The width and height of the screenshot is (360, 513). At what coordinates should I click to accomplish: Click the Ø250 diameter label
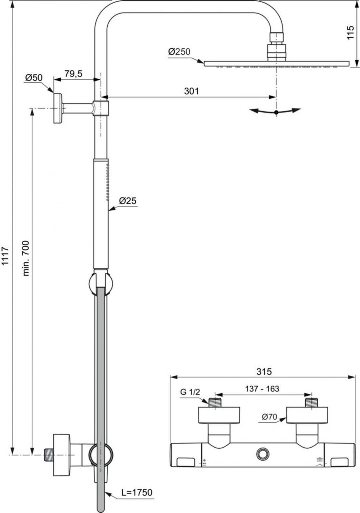(x=179, y=52)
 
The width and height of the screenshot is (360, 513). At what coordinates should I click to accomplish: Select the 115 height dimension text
(x=350, y=32)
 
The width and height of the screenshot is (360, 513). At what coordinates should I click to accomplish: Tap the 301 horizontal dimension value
(x=191, y=91)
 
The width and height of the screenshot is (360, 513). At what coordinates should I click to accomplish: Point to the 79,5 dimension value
(x=73, y=74)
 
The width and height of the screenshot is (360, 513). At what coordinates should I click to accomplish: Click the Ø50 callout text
(x=34, y=78)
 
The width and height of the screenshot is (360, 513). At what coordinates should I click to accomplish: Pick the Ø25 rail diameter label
(x=128, y=201)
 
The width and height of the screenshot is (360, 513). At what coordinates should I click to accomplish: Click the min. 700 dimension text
(x=26, y=259)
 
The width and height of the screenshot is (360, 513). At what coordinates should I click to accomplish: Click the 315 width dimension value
(x=264, y=371)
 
